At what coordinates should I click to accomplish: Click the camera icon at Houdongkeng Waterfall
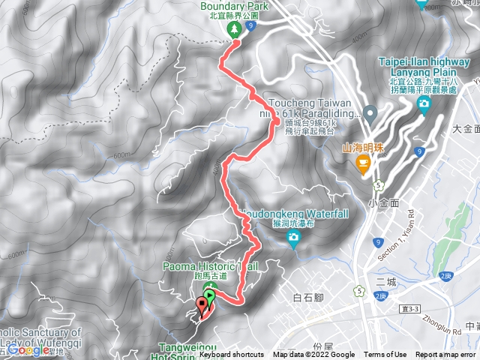click(294, 239)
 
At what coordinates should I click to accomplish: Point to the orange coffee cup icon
click(364, 163)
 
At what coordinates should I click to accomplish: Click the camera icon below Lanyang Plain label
click(424, 103)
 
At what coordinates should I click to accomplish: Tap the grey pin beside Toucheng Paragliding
click(369, 114)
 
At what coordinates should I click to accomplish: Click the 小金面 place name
click(382, 202)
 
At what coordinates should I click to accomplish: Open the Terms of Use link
click(385, 355)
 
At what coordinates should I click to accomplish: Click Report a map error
click(445, 355)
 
